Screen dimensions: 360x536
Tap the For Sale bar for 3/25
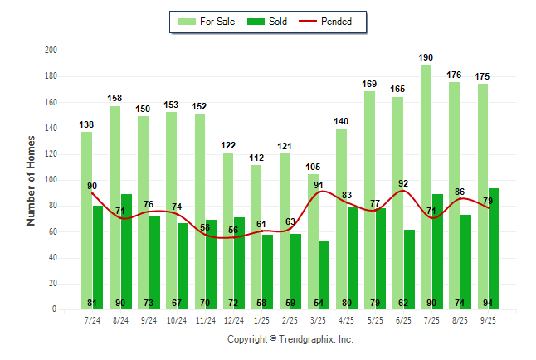tap(312, 241)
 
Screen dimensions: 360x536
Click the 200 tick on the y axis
tap(51, 51)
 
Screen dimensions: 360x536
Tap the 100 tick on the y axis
tap(51, 180)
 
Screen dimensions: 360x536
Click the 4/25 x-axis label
tap(347, 319)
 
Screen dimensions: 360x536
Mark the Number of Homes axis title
tap(31, 180)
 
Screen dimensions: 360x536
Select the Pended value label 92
tap(404, 184)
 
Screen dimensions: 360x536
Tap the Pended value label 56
tap(233, 230)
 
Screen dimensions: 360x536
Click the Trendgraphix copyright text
tap(290, 339)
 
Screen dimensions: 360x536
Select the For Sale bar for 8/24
tap(115, 207)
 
